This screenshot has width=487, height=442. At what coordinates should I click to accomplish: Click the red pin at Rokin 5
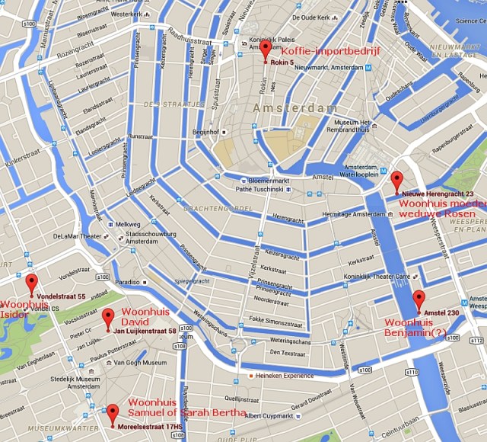click(265, 50)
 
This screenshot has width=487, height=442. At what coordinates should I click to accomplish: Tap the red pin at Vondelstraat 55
click(31, 283)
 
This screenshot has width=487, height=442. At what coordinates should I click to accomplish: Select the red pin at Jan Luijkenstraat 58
click(108, 318)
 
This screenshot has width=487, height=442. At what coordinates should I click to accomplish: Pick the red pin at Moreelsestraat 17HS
click(113, 413)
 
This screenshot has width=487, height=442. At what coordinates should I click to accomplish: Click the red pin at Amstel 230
click(419, 299)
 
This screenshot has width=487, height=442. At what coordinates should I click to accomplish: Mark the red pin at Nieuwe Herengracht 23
click(396, 181)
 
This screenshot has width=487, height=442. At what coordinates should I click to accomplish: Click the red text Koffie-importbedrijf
click(330, 51)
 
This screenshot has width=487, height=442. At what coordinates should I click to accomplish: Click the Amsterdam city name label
click(294, 108)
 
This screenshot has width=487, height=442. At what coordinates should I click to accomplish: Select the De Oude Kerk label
click(311, 18)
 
